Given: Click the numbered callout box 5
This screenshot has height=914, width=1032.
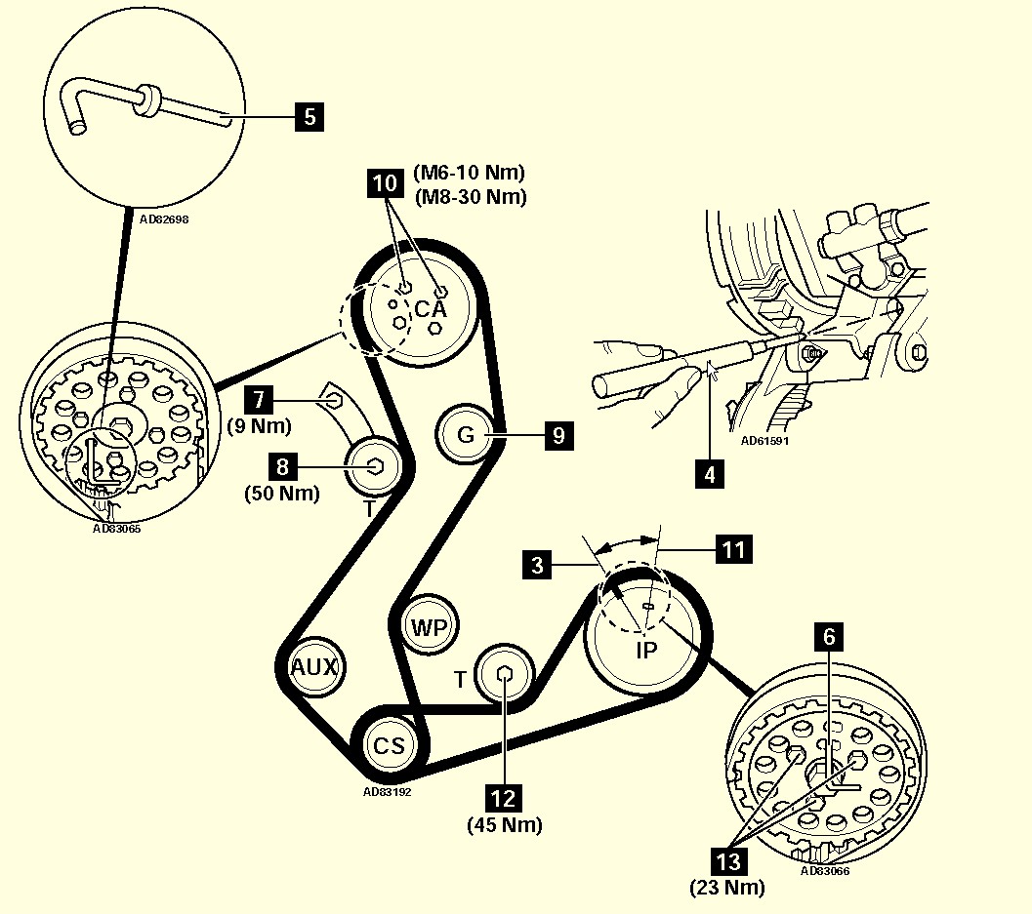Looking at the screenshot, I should coord(310,117).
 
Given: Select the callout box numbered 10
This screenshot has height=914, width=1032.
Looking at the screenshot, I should coord(386,182).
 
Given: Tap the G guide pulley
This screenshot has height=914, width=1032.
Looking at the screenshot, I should coord(466,434).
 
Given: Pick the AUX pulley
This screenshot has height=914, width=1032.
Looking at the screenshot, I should coord(314,668).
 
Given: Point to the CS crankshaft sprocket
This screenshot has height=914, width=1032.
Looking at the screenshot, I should coord(388,746).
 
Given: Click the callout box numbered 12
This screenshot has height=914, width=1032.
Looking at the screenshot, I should coord(503,798).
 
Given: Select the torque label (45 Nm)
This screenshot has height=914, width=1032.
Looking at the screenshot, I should coord(503,825).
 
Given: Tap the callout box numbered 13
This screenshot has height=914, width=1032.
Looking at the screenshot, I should coord(729,861).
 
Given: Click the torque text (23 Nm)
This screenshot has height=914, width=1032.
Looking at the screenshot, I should coord(727,888).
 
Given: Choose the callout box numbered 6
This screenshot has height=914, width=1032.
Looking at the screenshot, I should coord(829,638).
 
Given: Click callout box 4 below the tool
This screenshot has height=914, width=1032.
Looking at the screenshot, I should coord(710,475).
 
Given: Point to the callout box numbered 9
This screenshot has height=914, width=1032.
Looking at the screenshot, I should coord(557,434).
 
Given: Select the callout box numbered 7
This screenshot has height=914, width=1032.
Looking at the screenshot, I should coord(258,399).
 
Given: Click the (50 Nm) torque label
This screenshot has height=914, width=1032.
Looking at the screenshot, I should coord(282,494).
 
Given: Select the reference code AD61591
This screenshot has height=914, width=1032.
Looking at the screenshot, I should coord(764,440).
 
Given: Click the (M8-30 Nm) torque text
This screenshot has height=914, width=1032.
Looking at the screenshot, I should coord(471,196).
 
